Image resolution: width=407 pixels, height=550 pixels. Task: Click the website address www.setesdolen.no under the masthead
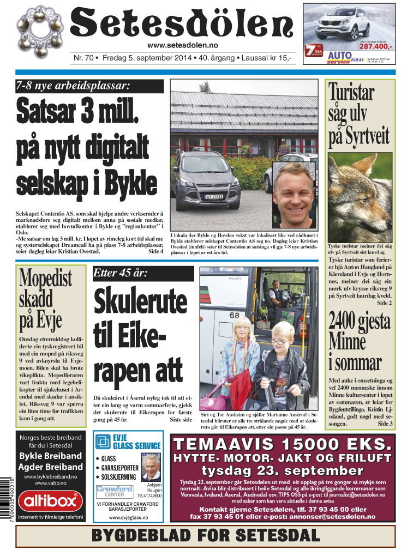[x=182, y=45]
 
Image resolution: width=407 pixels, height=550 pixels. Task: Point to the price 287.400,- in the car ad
[x=375, y=47]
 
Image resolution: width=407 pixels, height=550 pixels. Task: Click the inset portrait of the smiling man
[x=294, y=194]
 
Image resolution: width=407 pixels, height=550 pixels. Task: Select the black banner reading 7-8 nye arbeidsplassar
[x=89, y=86]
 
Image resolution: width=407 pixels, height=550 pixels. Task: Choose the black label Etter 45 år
[x=143, y=273]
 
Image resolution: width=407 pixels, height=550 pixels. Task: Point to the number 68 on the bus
[x=234, y=315]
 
